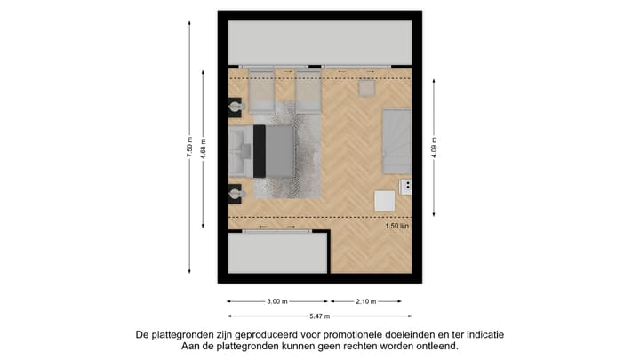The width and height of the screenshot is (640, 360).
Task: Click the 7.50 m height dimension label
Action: pyautogui.click(x=189, y=148)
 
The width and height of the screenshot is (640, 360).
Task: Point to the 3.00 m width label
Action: pyautogui.click(x=277, y=301)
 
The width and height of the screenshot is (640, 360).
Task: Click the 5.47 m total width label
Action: pyautogui.click(x=319, y=316)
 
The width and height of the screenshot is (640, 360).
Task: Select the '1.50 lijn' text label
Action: pyautogui.click(x=397, y=226)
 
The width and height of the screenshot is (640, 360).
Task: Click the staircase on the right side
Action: pyautogui.click(x=396, y=140)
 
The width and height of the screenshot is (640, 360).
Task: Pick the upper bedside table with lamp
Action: pyautogui.click(x=236, y=108)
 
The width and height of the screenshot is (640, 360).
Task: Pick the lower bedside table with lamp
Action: pyautogui.click(x=236, y=192)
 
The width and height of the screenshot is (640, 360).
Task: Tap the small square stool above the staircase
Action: pyautogui.click(x=367, y=87)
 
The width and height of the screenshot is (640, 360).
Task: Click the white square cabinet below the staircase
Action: pyautogui.click(x=385, y=200)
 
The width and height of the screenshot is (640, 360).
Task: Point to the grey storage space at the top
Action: pyautogui.click(x=319, y=41)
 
